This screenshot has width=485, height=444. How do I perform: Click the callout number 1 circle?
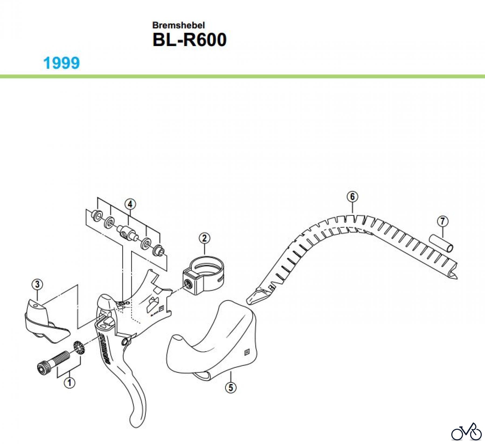pos(70,383)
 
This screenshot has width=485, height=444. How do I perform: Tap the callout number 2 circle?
pos(204,238)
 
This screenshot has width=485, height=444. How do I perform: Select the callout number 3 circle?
pos(37,284)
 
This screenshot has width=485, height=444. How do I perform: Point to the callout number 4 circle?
pos(130,204)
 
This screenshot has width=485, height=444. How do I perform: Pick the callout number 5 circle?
pos(230,387)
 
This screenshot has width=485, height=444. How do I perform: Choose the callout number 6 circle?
pos(352,197)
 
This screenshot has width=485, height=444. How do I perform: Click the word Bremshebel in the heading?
pos(178,25)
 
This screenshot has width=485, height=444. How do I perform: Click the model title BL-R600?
pos(189,40)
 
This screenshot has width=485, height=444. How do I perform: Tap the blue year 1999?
pos(61,63)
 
